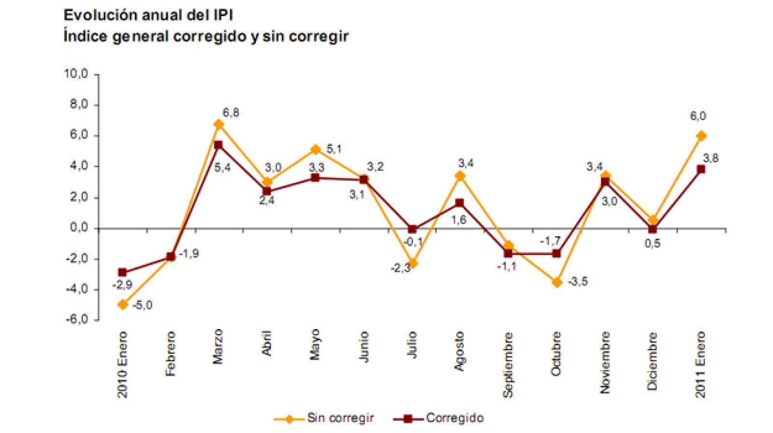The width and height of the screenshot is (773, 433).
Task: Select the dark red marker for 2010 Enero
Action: pos(122,273)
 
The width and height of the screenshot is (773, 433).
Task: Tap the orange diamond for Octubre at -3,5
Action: pos(557,282)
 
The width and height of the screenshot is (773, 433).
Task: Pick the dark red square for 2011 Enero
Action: pos(701,169)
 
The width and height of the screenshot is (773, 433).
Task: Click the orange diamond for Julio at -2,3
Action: pos(412,263)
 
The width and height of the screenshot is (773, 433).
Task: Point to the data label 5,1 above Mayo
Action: pos(334,149)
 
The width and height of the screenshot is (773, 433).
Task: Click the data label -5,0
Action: pos(142,305)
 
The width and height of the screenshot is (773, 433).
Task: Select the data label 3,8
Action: pos(710,158)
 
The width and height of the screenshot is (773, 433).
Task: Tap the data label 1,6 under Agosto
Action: pos(458,220)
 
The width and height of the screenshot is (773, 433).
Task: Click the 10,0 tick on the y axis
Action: pos(76,73)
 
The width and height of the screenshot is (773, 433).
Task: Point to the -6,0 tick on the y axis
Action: pos(77,319)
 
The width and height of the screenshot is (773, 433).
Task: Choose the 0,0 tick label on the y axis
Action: pos(79,228)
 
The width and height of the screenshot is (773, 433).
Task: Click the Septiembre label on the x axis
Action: pos(508,365)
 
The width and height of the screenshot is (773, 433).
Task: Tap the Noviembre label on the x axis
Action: pos(605,362)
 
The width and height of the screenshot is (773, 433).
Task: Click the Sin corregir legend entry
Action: pos(340,418)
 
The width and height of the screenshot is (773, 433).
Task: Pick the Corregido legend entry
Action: pos(454,418)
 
